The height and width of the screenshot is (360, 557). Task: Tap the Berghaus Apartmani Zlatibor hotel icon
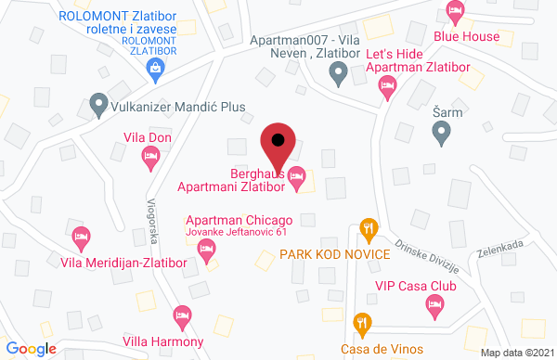[297, 174]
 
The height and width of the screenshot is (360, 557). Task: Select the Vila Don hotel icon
[150, 160]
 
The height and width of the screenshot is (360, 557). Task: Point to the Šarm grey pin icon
[442, 135]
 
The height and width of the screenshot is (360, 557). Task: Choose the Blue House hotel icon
[455, 13]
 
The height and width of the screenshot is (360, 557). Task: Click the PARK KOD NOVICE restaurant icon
[369, 227]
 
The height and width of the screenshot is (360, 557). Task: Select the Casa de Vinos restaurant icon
[363, 324]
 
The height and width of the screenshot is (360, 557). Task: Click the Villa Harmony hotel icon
[183, 316]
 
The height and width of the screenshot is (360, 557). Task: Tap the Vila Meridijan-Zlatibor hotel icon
[82, 237]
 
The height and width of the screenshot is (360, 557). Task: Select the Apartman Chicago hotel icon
[207, 249]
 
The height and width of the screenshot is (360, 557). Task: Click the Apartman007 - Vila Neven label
[305, 46]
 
